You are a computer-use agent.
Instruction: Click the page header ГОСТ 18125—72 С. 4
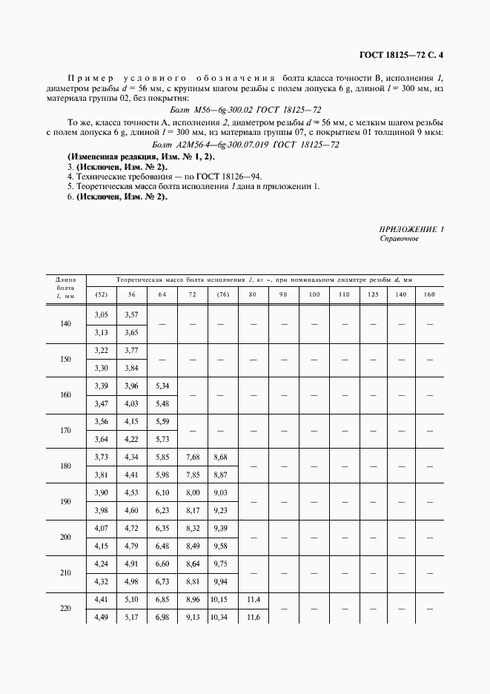click(400, 53)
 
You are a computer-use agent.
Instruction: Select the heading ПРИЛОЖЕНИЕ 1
click(411, 230)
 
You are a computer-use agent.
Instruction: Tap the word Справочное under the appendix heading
click(400, 239)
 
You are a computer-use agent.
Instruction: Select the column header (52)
click(101, 295)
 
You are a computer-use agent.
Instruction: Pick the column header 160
click(429, 295)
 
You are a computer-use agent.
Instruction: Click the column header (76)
click(223, 295)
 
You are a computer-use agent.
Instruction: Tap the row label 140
click(66, 325)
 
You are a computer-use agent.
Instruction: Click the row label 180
click(66, 466)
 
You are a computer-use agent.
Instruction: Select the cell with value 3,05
click(101, 316)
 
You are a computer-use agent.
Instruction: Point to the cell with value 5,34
click(162, 386)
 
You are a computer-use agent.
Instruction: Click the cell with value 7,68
click(192, 457)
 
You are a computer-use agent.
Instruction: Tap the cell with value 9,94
click(223, 581)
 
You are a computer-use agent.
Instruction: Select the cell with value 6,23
click(162, 510)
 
